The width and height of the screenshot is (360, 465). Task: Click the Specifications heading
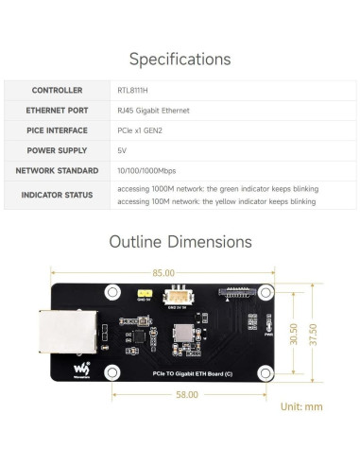pos(180,60)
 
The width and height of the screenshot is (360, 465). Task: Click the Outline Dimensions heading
pos(180,241)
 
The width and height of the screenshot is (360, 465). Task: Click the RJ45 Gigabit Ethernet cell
pos(153,111)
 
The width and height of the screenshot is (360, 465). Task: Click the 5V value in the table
pos(121,150)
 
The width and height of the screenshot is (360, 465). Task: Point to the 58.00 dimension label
pos(186,395)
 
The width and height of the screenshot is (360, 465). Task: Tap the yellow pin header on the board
pos(146,296)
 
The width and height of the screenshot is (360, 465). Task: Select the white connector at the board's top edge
pos(176,295)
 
